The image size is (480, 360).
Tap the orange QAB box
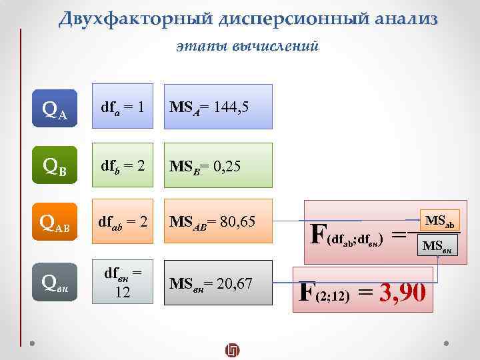click(55, 221)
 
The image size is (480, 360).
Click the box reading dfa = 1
click(123, 106)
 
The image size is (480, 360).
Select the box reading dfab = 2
click(123, 221)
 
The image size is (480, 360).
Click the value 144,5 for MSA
click(229, 106)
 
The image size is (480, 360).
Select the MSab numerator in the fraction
click(439, 221)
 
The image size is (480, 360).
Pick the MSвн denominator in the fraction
click(439, 247)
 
